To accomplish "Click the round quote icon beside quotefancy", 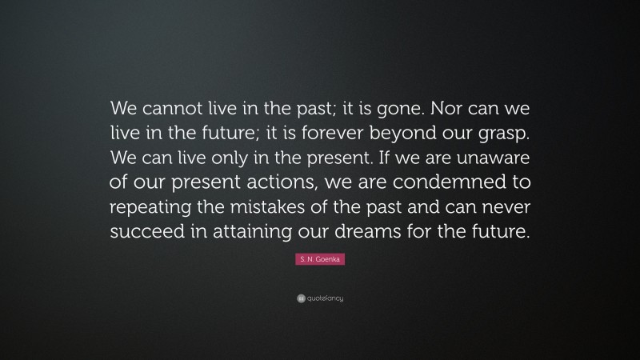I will pyautogui.click(x=300, y=299).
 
